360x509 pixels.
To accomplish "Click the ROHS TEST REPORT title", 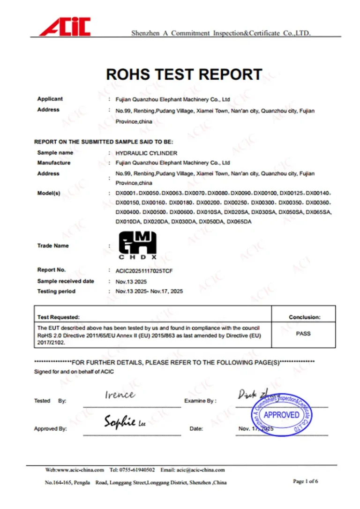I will (184, 74).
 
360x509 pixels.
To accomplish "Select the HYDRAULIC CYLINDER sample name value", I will (146, 153).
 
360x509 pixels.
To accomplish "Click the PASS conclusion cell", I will (303, 334).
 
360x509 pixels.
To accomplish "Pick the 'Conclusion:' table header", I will (304, 317).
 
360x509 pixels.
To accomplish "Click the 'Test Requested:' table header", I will (59, 317).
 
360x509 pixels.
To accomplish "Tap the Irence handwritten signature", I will (120, 395).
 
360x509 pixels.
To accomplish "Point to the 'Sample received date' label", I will (66, 281).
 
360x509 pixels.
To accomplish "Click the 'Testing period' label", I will (56, 292).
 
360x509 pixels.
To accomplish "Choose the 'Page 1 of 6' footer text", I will (306, 481).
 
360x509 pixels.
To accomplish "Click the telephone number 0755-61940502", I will (137, 470).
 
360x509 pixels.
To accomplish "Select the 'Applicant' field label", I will (50, 99).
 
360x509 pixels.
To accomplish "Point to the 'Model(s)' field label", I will (49, 193).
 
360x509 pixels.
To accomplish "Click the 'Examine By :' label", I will (200, 401).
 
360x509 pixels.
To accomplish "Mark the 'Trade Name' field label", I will (53, 246).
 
